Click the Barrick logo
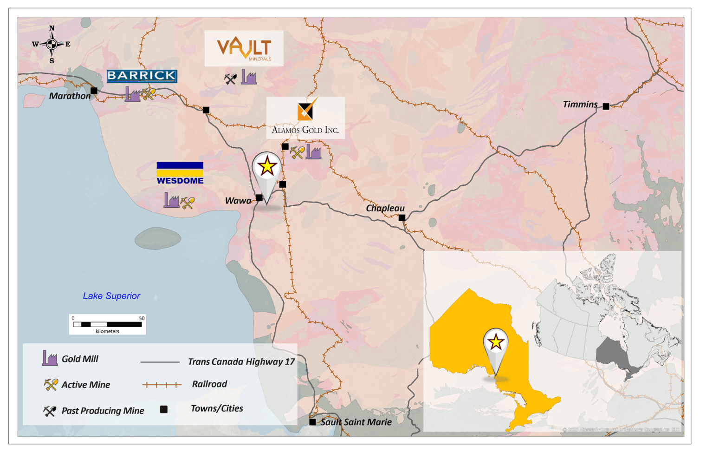[142, 76]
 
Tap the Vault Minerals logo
[244, 48]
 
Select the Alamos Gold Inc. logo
[305, 118]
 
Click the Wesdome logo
[180, 173]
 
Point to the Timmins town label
[580, 105]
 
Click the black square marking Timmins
[606, 106]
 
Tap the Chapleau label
[385, 208]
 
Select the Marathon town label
[70, 96]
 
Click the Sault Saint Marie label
[356, 422]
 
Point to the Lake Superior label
[111, 296]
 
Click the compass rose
[52, 45]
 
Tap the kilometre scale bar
[107, 324]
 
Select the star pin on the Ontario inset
[496, 342]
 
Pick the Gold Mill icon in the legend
[50, 358]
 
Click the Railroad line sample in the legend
[162, 385]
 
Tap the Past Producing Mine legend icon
[50, 411]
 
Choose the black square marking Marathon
[94, 91]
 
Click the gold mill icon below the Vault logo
[249, 77]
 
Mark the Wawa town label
[238, 201]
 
